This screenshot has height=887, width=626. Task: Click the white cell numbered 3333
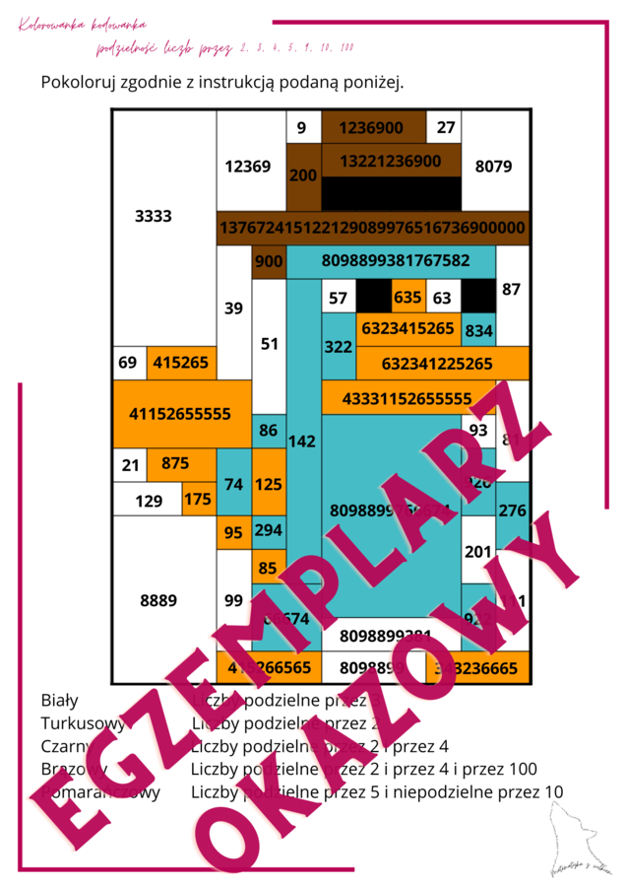pos(154,217)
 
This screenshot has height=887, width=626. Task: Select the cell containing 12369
pos(247,167)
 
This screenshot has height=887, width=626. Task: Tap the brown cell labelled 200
pos(304,175)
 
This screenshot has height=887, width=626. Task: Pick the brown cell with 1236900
pos(370,128)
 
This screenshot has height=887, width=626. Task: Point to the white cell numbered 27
pos(446,128)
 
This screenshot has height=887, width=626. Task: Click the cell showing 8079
pos(493,167)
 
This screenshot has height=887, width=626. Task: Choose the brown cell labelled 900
pos(269,261)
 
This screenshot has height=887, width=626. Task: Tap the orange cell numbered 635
pos(407,297)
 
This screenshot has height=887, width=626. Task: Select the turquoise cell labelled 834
pos(478,331)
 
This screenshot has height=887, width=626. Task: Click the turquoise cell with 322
pos(338,347)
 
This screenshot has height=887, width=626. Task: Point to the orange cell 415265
pos(181,363)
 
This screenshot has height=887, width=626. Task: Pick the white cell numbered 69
pos(128,363)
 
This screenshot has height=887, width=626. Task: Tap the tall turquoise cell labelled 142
pos(303,441)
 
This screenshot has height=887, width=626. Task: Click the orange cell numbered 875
pos(175,463)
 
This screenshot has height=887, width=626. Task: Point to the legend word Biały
pos(59,701)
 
